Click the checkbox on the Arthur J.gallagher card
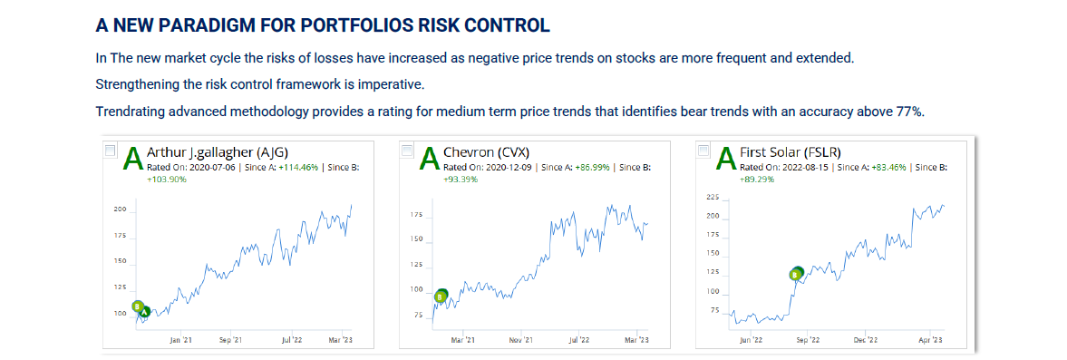point(111,151)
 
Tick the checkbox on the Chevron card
point(407,151)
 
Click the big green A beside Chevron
point(429,159)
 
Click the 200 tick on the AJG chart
point(118,210)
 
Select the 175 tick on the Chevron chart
point(414,215)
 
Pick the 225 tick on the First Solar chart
point(712,197)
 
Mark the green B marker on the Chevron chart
point(440,296)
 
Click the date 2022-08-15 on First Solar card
point(801,168)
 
